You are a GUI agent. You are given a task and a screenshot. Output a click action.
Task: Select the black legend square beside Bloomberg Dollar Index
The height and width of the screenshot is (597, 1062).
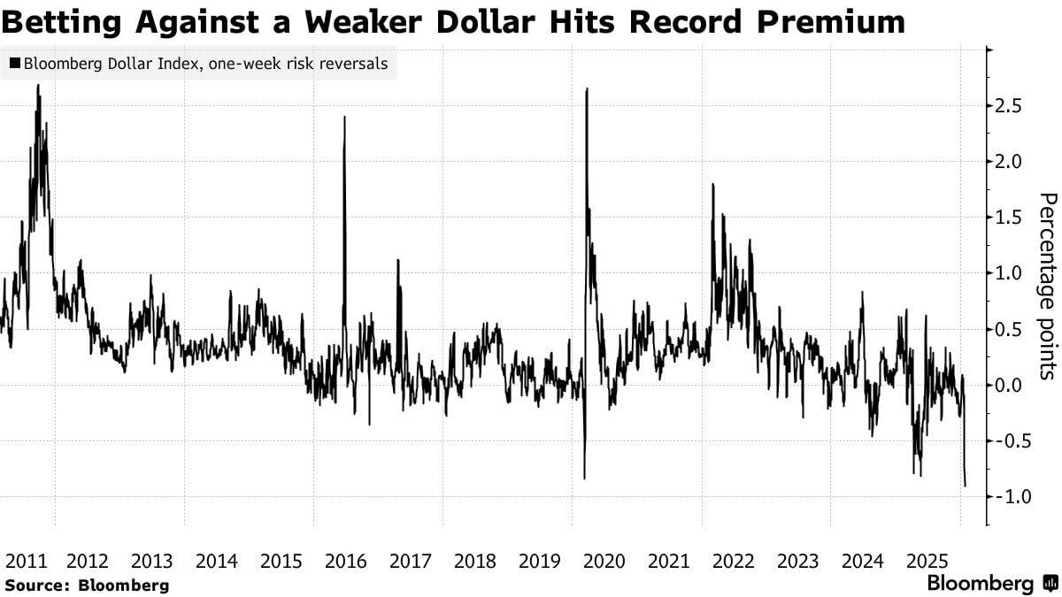click(15, 64)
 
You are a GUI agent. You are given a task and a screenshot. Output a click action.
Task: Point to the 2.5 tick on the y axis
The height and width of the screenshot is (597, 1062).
click(1009, 106)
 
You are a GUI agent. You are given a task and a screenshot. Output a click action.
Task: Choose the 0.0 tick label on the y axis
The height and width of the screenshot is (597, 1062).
click(1009, 385)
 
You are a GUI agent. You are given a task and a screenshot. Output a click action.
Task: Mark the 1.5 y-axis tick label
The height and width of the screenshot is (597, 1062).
click(1009, 218)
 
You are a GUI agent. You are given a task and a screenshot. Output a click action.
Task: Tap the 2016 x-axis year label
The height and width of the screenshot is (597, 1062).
click(346, 561)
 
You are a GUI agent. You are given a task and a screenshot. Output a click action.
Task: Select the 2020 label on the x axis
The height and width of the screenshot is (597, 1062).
click(604, 561)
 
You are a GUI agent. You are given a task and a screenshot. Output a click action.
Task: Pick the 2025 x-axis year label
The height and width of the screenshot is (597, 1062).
click(927, 561)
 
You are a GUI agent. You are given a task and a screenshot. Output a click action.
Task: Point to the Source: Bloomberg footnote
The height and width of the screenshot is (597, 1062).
click(86, 585)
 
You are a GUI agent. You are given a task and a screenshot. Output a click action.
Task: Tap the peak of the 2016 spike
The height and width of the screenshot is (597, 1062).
click(344, 117)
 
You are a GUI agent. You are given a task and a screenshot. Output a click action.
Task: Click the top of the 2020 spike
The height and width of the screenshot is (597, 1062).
click(588, 88)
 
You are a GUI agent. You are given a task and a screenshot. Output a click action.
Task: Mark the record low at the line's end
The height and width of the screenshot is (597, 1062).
click(965, 486)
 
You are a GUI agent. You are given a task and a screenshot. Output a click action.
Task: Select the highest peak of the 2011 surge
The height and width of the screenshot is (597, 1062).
click(38, 86)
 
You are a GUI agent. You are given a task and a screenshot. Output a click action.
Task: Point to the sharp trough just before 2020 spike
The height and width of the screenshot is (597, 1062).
click(584, 478)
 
